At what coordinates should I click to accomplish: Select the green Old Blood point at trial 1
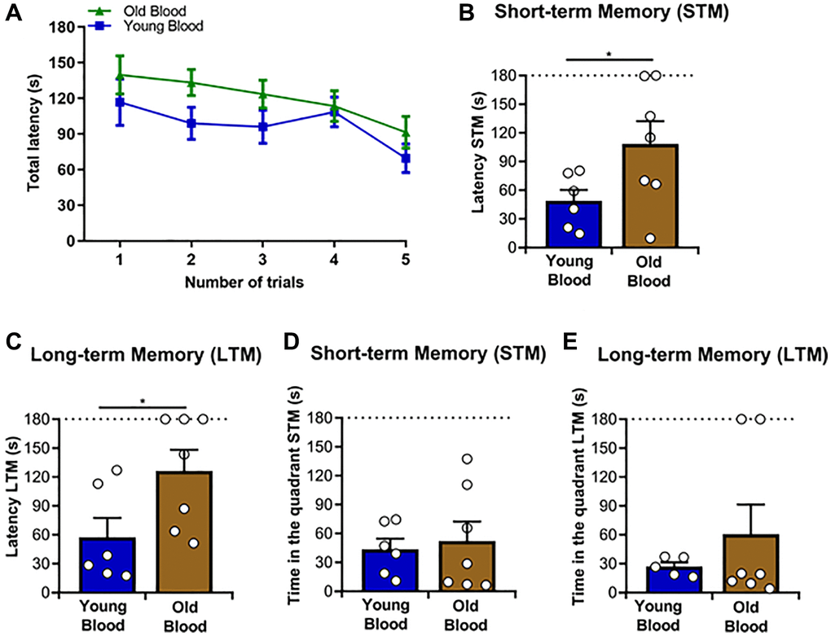(x=120, y=75)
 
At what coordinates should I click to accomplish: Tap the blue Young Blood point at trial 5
(x=406, y=158)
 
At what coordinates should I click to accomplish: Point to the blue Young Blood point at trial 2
(x=191, y=124)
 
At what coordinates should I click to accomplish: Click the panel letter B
(x=467, y=14)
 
